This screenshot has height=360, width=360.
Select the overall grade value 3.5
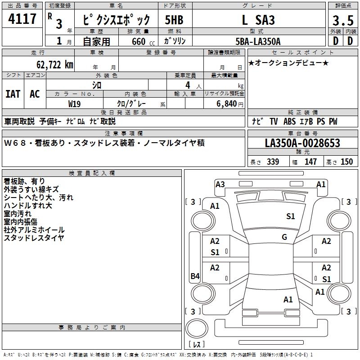342,21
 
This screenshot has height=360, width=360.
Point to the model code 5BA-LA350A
258,41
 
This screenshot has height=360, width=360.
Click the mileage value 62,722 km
50,64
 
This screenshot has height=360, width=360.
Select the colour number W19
75,103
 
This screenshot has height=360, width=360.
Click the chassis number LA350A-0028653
302,144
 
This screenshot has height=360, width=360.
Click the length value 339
273,162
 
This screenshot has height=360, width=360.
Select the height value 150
346,162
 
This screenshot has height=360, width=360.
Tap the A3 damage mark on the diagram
220,184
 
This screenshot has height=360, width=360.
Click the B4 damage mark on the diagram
195,276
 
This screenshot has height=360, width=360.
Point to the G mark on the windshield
284,237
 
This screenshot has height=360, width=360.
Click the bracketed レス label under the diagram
196,345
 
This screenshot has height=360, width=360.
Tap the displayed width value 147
310,162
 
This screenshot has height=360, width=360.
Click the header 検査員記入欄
92,173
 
